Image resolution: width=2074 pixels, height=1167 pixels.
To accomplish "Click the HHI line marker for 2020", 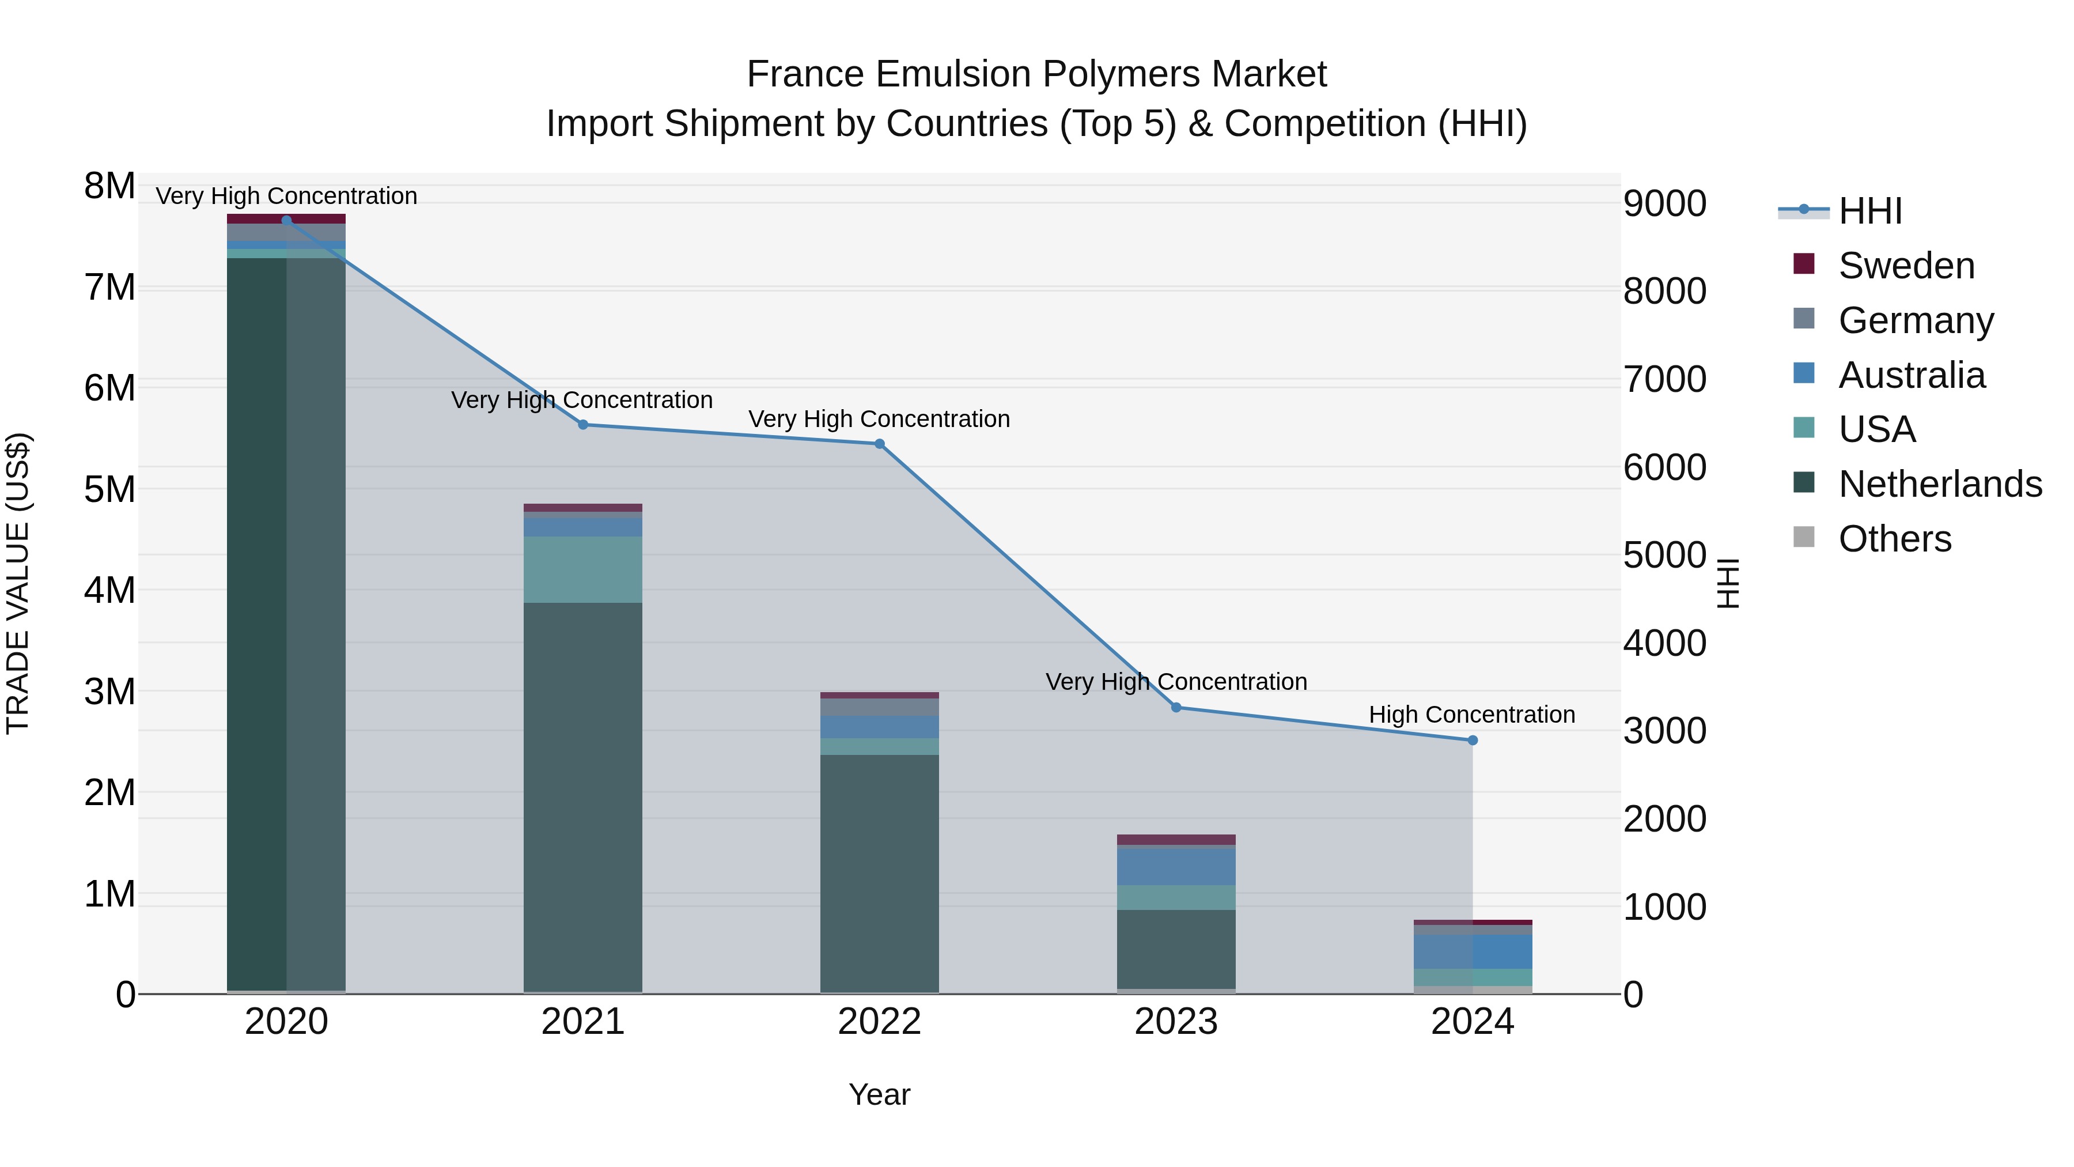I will pyautogui.click(x=287, y=220).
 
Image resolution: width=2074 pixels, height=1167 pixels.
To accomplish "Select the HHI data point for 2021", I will pyautogui.click(x=583, y=424).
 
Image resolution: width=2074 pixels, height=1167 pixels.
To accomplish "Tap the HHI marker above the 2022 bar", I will pyautogui.click(x=879, y=444).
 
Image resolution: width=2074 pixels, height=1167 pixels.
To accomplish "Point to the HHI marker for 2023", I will pyautogui.click(x=1175, y=707).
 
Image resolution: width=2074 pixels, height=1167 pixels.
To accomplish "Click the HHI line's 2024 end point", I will pyautogui.click(x=1473, y=740).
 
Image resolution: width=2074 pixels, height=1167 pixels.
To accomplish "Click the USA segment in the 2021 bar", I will pyautogui.click(x=583, y=569).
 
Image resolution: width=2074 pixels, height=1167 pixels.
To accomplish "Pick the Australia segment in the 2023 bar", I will pyautogui.click(x=1175, y=866).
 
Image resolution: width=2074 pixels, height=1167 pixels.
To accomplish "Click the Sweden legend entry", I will pyautogui.click(x=1906, y=266).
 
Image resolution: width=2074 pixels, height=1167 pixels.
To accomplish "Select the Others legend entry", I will pyautogui.click(x=1894, y=539).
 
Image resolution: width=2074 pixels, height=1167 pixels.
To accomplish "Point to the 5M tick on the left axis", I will pyautogui.click(x=109, y=489).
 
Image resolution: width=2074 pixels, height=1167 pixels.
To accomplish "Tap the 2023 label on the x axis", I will pyautogui.click(x=1175, y=1022).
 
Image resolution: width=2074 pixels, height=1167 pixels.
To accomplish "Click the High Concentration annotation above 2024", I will pyautogui.click(x=1472, y=715).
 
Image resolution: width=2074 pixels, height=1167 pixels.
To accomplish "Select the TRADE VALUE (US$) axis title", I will pyautogui.click(x=18, y=583).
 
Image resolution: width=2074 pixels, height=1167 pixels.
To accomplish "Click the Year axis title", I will pyautogui.click(x=879, y=1094).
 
